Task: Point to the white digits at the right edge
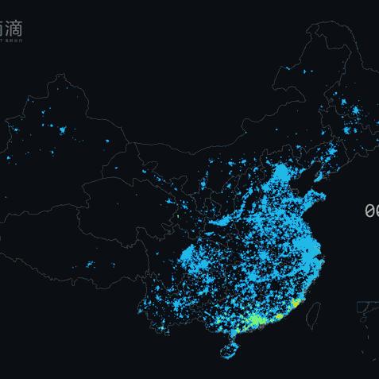pyautogui.click(x=371, y=211)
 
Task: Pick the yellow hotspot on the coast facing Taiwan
pyautogui.click(x=295, y=304)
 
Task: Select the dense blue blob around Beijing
pyautogui.click(x=280, y=173)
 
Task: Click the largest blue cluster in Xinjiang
pyautogui.click(x=60, y=128)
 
